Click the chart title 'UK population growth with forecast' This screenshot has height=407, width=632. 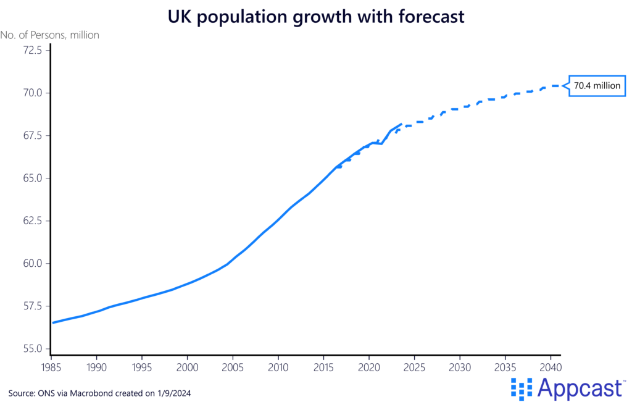click(x=316, y=16)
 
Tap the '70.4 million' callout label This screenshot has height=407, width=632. click(x=597, y=86)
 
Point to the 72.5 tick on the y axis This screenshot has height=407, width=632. click(x=28, y=50)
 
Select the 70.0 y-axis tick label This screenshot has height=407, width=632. click(x=28, y=93)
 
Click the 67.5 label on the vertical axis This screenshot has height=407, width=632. click(x=28, y=135)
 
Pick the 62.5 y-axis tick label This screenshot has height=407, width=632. click(x=28, y=220)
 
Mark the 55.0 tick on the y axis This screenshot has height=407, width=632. click(x=28, y=348)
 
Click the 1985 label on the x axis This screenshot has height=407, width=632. click(x=51, y=366)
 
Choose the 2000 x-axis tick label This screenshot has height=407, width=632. click(x=187, y=366)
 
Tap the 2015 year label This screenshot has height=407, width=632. click(x=323, y=366)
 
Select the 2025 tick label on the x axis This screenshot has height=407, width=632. click(x=414, y=366)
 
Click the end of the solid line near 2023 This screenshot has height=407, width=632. click(x=402, y=124)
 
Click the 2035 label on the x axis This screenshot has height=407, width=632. click(x=505, y=366)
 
